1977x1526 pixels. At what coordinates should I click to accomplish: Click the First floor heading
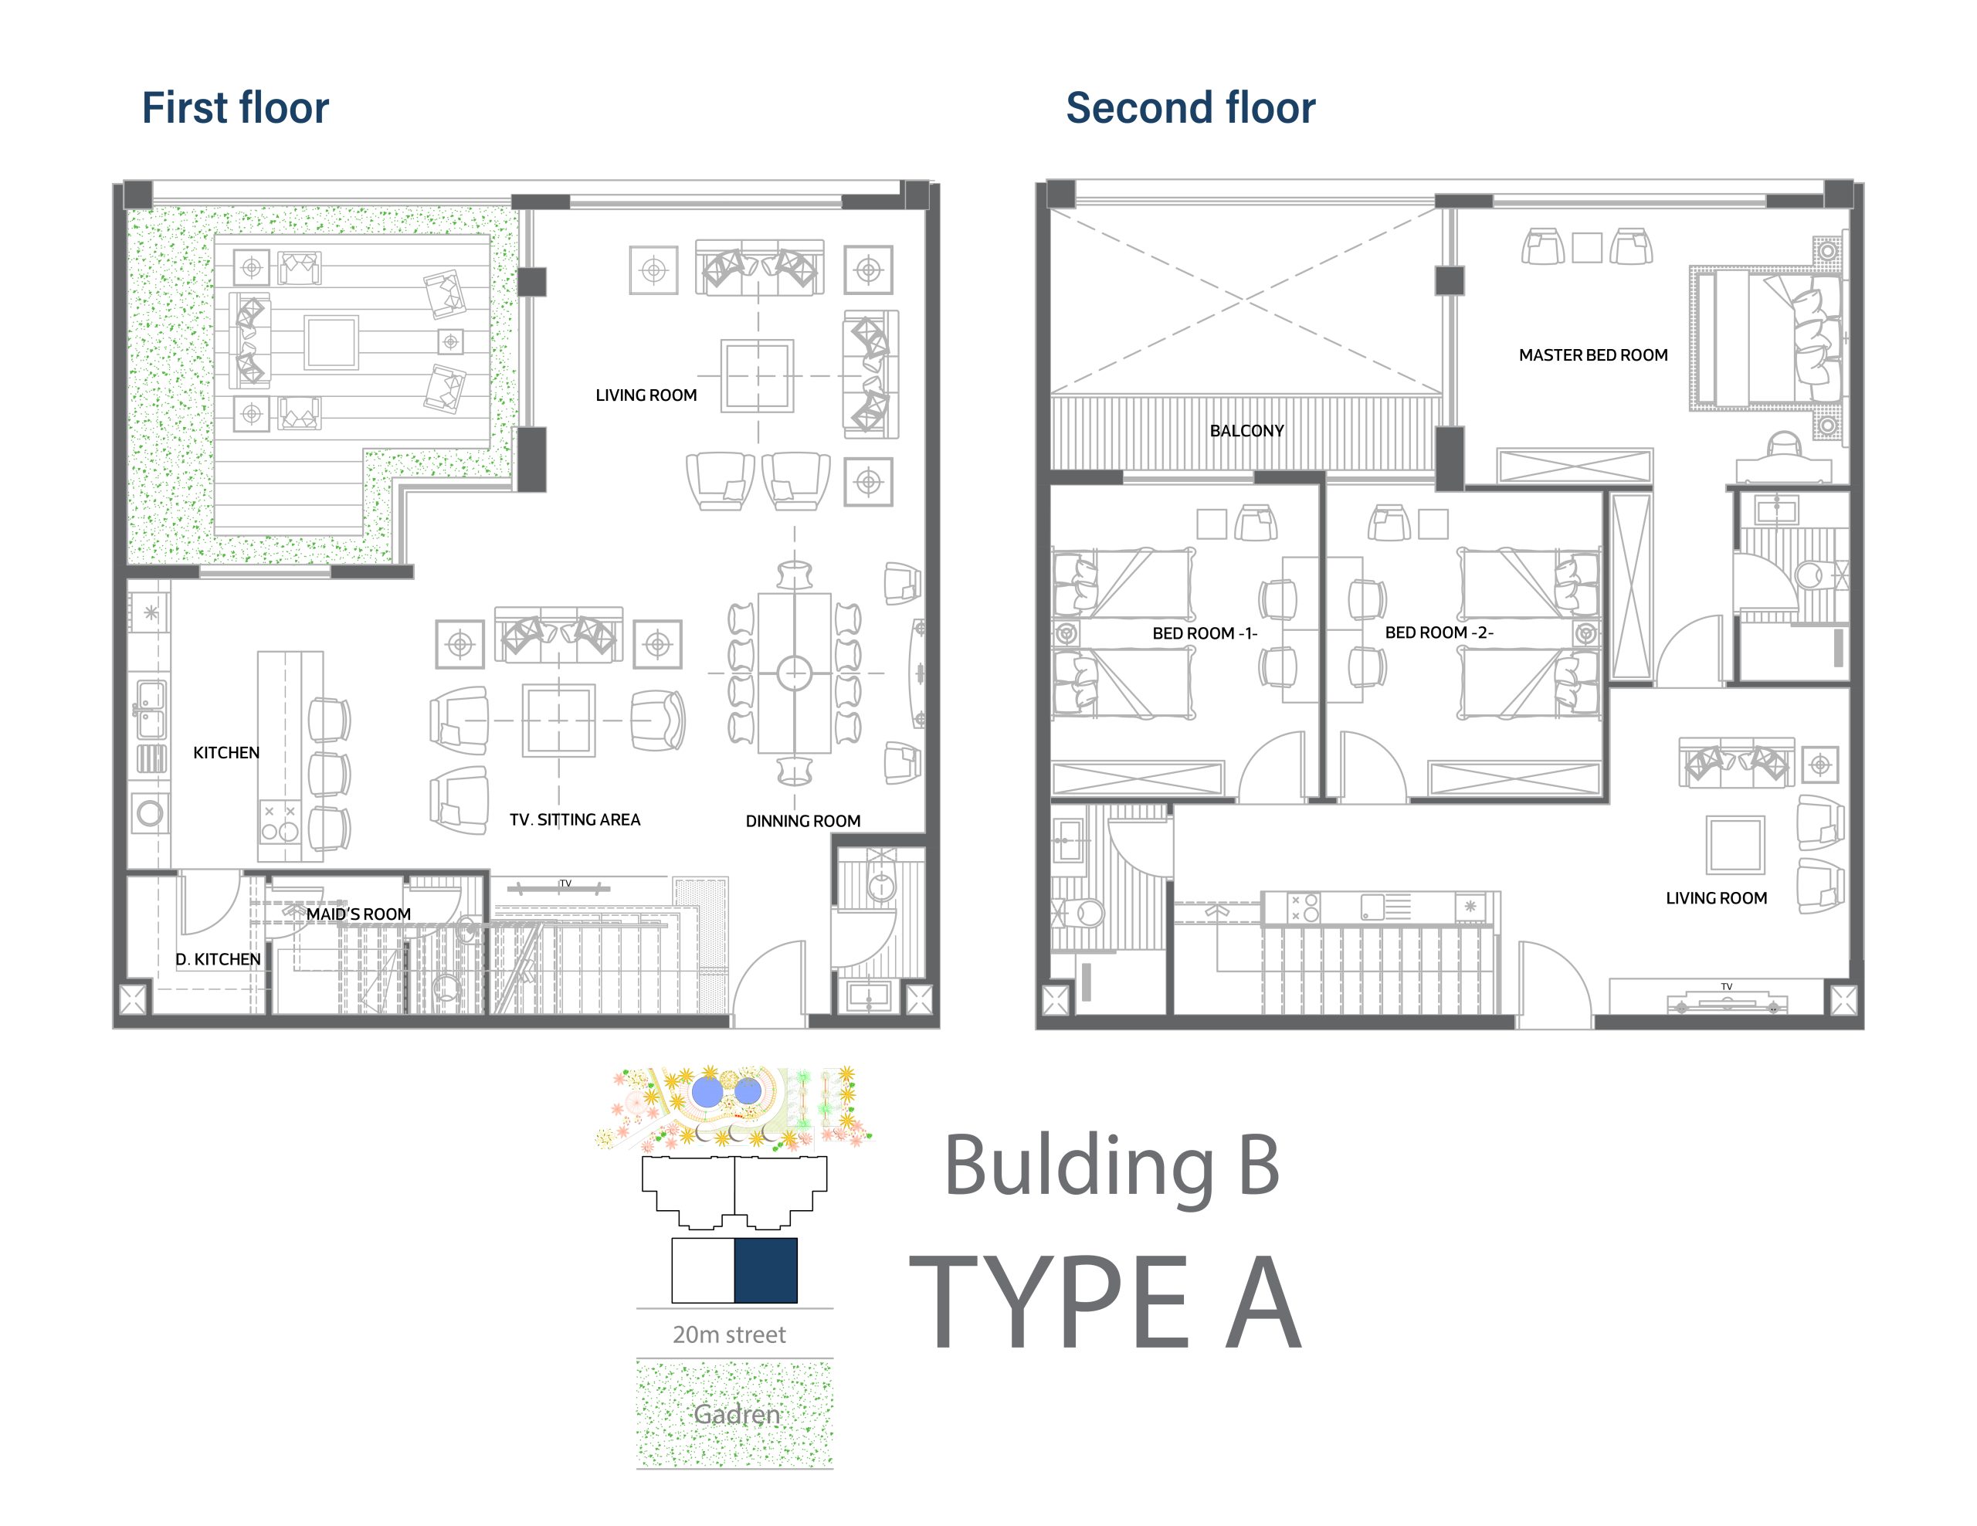[x=236, y=107]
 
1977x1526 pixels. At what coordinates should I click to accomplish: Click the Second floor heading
[x=1190, y=107]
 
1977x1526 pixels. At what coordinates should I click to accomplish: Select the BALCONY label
[x=1246, y=431]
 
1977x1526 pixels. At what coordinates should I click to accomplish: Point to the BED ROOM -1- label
[x=1205, y=633]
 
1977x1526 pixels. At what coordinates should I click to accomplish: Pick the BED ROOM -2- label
[x=1440, y=632]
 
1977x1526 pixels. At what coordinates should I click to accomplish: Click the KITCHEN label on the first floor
[x=226, y=753]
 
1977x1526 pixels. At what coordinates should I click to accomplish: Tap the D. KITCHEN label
[x=218, y=959]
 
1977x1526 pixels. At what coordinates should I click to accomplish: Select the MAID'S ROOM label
[x=358, y=914]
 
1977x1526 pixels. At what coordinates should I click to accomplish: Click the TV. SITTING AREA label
[x=575, y=820]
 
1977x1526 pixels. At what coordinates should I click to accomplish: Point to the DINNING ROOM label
[x=803, y=822]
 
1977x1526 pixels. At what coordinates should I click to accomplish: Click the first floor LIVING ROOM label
[x=646, y=395]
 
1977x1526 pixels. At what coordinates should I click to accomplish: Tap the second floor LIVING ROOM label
[x=1716, y=899]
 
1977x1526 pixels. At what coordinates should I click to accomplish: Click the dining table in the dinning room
[x=795, y=673]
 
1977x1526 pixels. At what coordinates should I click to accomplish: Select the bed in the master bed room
[x=1765, y=338]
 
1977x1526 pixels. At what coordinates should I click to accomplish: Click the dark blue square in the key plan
[x=766, y=1270]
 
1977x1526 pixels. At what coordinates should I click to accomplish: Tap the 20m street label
[x=730, y=1335]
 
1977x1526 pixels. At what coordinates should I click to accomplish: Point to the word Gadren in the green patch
[x=736, y=1415]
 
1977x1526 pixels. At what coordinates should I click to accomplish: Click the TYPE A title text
[x=1105, y=1303]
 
